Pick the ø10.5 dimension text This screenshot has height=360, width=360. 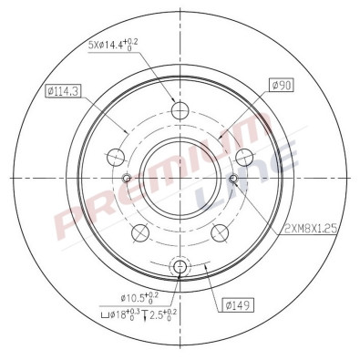tap(139, 296)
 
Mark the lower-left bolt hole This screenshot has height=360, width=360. tap(140, 233)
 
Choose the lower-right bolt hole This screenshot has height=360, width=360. tap(220, 233)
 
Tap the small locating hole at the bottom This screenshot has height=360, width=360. tap(180, 266)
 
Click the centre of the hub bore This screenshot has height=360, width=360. tap(180, 180)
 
